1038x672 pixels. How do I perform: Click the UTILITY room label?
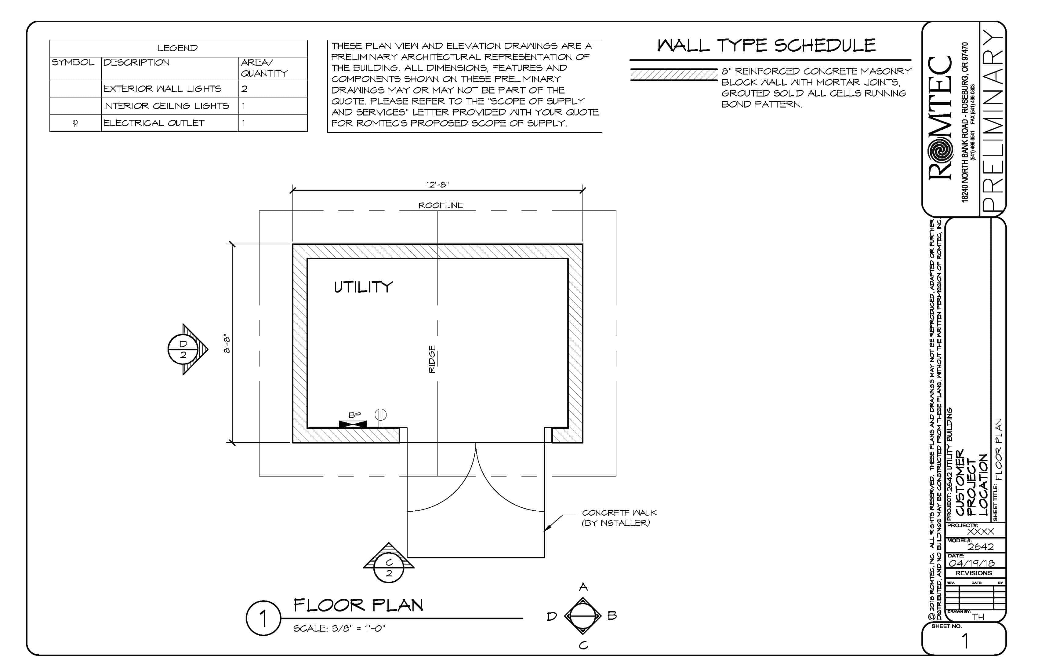tap(363, 287)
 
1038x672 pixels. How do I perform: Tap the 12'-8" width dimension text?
tap(437, 184)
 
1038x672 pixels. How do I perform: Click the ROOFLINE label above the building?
tap(441, 205)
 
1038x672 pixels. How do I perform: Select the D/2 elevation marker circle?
tap(183, 349)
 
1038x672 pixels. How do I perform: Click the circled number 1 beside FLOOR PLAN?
tap(263, 618)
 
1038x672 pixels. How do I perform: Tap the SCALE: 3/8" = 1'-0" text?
tap(339, 628)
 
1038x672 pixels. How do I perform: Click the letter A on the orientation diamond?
tap(583, 587)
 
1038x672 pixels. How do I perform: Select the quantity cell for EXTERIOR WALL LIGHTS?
tap(273, 89)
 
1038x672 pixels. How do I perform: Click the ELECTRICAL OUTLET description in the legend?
tap(154, 123)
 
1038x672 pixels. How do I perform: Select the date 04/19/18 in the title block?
tap(971, 563)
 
